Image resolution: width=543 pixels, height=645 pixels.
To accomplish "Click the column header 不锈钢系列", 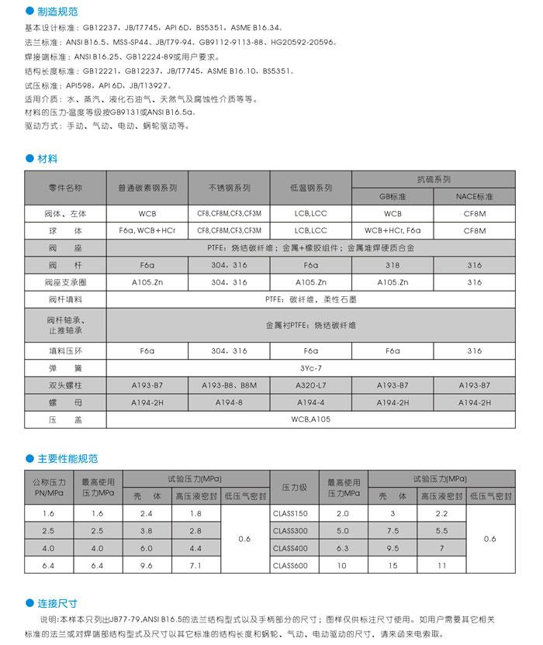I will [x=229, y=188].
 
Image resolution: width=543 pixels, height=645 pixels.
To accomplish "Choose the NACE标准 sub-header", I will [x=474, y=197].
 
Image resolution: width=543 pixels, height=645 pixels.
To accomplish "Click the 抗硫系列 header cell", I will [x=434, y=178].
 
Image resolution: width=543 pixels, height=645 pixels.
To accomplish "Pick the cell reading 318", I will [x=393, y=265].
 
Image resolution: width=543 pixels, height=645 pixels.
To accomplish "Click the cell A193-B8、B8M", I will [x=229, y=385].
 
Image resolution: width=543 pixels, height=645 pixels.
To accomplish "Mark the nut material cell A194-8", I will [x=229, y=403].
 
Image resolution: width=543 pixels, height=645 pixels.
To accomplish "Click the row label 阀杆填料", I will [x=65, y=298].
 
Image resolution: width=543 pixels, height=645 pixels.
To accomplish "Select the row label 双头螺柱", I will [x=65, y=385].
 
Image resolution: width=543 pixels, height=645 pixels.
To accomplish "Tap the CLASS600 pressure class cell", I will [x=291, y=565].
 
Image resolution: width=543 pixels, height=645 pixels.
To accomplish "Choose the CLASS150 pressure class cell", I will [x=291, y=513].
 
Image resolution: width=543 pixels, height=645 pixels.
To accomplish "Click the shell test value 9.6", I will [x=146, y=565].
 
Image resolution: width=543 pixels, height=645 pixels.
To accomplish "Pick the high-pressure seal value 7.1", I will [x=195, y=565].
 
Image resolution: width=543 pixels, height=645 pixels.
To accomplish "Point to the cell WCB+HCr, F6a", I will [x=393, y=230].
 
